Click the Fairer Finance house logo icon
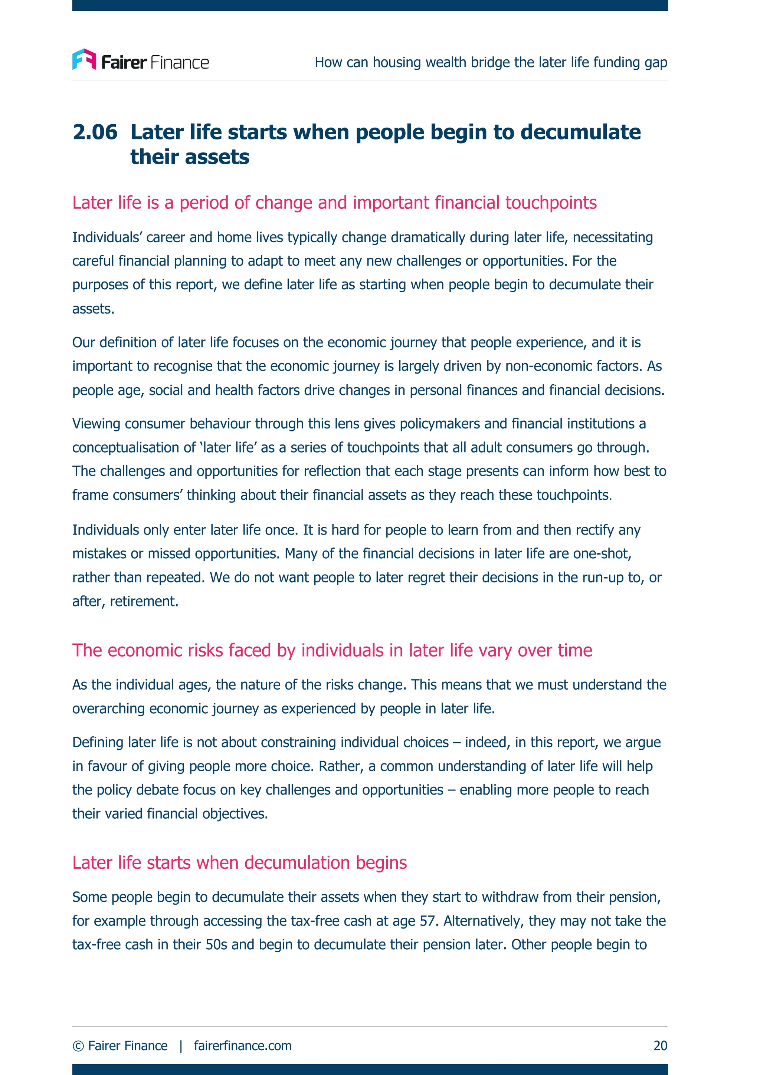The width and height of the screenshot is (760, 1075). (84, 59)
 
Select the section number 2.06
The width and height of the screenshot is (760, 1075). (95, 132)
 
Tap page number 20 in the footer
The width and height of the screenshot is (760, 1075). (660, 1045)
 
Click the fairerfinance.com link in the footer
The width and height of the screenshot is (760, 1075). (243, 1045)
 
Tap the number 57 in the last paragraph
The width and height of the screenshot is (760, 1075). (428, 921)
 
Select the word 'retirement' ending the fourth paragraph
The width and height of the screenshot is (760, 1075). (143, 601)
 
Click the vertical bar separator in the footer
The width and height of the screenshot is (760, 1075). (181, 1045)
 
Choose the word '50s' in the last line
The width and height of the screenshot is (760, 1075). (216, 945)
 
